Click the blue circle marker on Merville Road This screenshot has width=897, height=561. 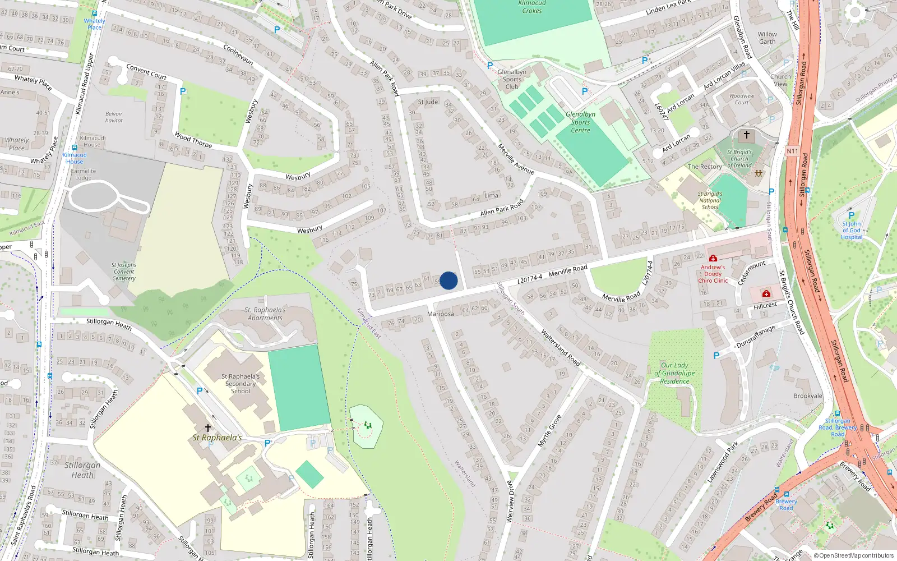(x=449, y=280)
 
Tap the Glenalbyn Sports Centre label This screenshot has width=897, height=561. (x=580, y=122)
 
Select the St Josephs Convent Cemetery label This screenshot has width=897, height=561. (x=124, y=272)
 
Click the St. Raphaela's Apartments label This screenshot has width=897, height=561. (x=265, y=314)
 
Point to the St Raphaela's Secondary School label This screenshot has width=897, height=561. (x=241, y=384)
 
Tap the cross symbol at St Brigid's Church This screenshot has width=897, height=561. (x=746, y=135)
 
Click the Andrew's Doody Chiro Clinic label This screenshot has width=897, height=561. (x=713, y=274)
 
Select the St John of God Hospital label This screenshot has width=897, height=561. (x=851, y=230)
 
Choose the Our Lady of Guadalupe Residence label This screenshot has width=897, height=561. (x=674, y=373)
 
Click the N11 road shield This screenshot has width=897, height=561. (x=792, y=151)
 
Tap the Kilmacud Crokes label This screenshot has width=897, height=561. (x=531, y=7)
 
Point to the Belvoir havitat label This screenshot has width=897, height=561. (x=114, y=117)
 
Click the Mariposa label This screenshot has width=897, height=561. (x=441, y=314)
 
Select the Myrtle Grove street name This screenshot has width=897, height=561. (x=549, y=430)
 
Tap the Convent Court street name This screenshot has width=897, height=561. (x=146, y=71)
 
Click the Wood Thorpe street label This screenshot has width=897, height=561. (x=193, y=139)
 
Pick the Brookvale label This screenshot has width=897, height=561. (x=808, y=396)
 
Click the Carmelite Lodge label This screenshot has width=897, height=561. (x=83, y=174)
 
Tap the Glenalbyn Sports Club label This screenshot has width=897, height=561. (x=512, y=79)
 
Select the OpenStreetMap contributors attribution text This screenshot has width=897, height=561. (x=853, y=555)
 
